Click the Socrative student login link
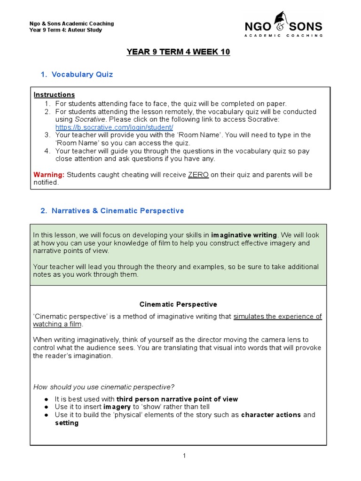point(114,127)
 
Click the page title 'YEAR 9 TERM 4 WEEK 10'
point(178,52)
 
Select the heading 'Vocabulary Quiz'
point(82,74)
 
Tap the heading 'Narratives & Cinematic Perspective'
point(118,211)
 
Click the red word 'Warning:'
point(49,175)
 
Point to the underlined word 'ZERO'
point(198,175)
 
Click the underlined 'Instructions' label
point(54,95)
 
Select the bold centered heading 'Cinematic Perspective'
point(178,304)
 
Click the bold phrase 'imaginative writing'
point(244,235)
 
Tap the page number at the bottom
point(185,456)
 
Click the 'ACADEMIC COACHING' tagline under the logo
point(284,36)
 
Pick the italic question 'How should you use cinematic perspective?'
point(104,387)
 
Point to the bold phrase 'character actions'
point(271,415)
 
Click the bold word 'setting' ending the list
point(67,423)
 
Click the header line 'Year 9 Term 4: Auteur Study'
point(65,30)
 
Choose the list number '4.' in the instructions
point(47,151)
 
